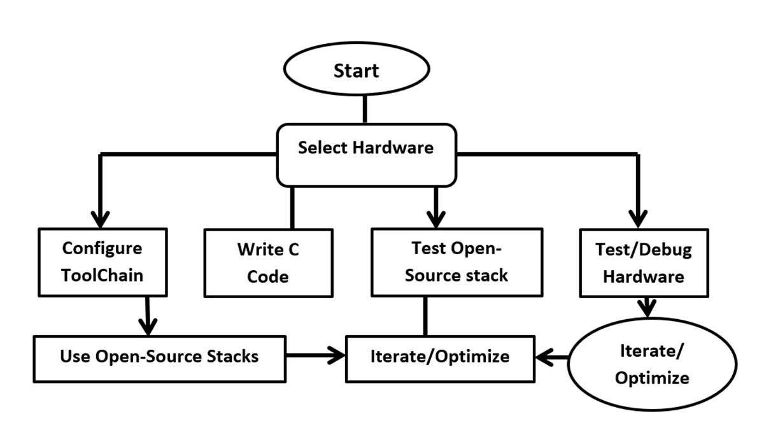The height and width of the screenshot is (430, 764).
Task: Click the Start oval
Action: (x=356, y=71)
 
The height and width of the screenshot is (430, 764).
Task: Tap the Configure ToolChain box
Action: (x=102, y=262)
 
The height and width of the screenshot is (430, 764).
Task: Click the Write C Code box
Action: (x=268, y=262)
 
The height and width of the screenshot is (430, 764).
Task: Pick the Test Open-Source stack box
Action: (x=456, y=262)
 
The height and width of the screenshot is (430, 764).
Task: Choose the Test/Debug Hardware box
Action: (x=644, y=262)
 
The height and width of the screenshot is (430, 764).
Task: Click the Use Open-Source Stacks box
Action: (x=159, y=355)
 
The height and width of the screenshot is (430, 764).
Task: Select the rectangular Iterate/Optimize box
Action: (x=440, y=356)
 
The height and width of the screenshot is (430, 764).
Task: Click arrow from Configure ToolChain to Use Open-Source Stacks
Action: (x=148, y=315)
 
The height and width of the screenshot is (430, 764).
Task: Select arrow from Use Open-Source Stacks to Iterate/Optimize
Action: (x=315, y=355)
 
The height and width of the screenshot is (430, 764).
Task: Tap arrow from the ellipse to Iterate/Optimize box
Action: (x=551, y=357)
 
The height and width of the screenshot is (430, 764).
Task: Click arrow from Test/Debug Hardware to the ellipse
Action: (x=647, y=306)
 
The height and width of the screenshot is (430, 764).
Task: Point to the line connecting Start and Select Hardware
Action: (x=365, y=109)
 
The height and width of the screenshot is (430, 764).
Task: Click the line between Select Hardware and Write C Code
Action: (x=292, y=208)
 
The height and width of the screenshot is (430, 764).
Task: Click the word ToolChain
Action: (x=102, y=275)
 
